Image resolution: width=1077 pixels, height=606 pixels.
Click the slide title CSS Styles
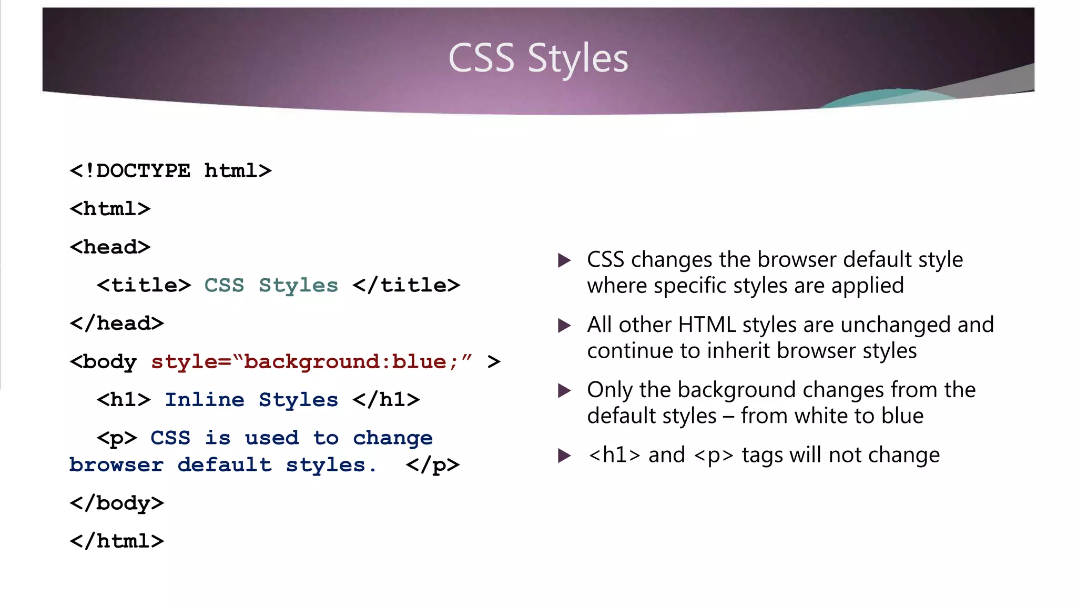[x=538, y=58]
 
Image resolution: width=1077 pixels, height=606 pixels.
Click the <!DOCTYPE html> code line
[x=170, y=171]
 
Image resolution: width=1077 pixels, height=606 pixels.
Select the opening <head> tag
[x=110, y=247]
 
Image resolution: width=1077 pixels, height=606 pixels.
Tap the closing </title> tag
[x=407, y=286]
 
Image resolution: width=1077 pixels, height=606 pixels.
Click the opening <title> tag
[x=144, y=286]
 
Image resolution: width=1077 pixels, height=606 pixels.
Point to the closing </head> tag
[x=117, y=324]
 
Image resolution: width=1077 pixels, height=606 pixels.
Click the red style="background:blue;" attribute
[x=311, y=362]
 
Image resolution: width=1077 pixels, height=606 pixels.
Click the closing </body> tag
[x=117, y=503]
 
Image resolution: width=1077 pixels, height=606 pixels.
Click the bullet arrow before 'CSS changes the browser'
[x=564, y=260]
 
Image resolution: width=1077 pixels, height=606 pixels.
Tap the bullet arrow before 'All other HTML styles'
[x=564, y=325]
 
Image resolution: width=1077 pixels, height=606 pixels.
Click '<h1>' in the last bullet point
[x=614, y=455]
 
